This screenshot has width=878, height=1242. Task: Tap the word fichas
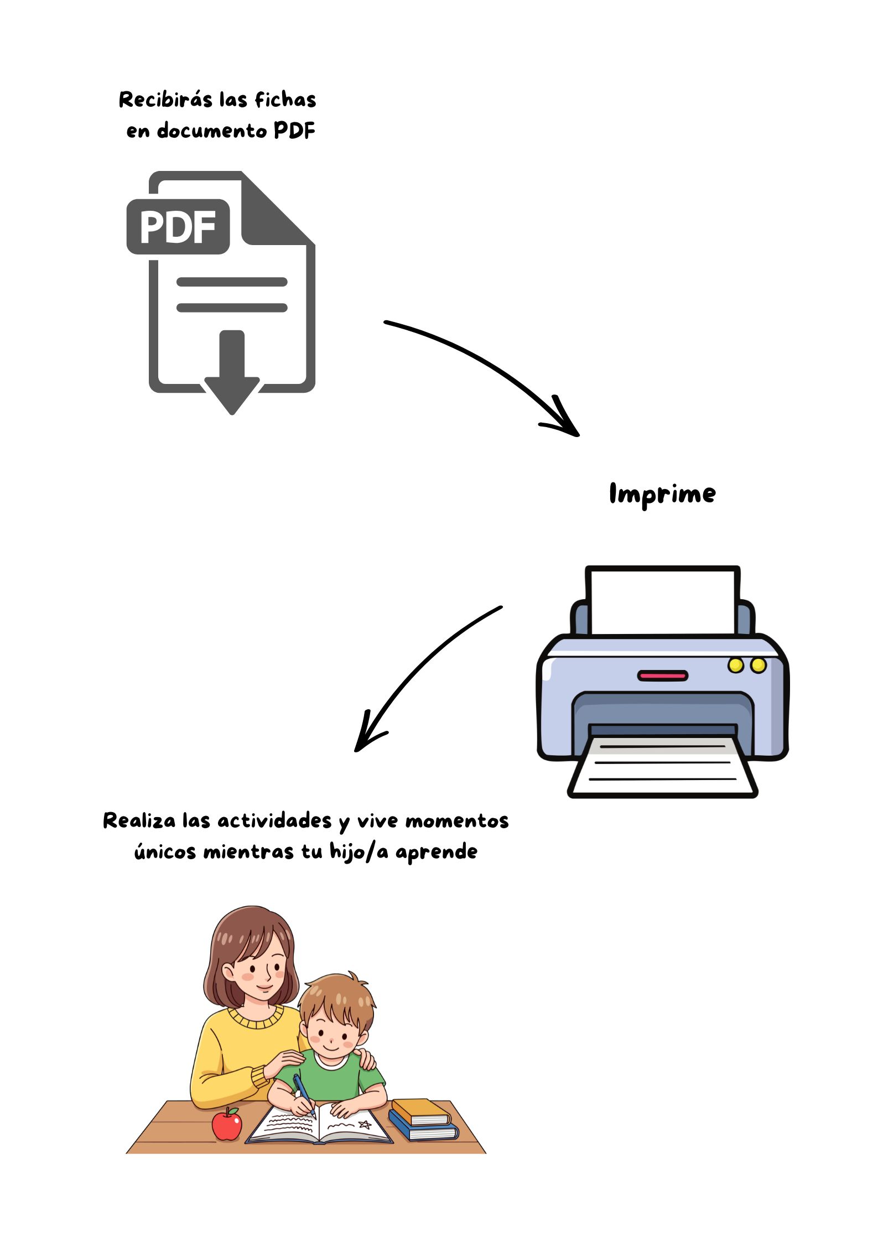coord(285,100)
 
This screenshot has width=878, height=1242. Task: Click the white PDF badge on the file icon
coord(178,227)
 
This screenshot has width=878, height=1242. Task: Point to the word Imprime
coord(662,493)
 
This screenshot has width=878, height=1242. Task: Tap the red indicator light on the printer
coord(662,675)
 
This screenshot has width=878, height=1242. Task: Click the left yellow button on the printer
coord(735,665)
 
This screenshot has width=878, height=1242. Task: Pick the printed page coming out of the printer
coord(663,766)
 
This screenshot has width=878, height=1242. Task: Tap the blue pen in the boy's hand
coord(304,1094)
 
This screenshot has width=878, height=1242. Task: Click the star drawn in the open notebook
coord(365,1124)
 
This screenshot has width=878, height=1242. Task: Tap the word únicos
coord(165,851)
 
